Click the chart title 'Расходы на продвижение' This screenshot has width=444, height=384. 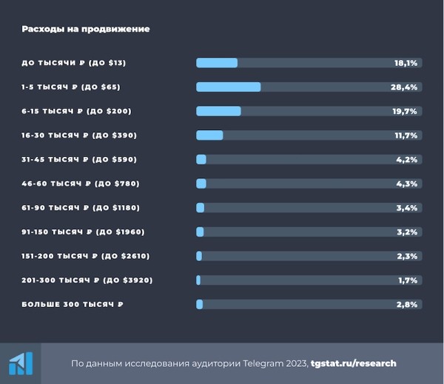(x=85, y=29)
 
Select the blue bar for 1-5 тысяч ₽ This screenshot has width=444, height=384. (x=228, y=87)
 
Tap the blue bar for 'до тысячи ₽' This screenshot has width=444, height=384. (x=217, y=63)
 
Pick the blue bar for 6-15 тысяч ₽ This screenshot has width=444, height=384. (x=218, y=111)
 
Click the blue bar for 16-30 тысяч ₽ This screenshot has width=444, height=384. (x=209, y=135)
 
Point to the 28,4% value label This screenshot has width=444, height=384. (x=406, y=87)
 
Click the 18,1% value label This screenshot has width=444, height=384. (x=406, y=63)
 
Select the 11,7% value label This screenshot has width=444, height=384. (x=406, y=135)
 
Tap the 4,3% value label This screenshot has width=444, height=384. (x=408, y=183)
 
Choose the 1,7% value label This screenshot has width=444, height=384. (x=408, y=280)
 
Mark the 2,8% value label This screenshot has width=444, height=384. (x=408, y=304)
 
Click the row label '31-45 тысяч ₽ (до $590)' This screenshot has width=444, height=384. (x=79, y=159)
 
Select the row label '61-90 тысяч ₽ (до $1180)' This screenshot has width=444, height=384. (x=81, y=208)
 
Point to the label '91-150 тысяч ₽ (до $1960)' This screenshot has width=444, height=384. (x=83, y=232)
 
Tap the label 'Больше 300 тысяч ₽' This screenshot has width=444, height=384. (x=73, y=304)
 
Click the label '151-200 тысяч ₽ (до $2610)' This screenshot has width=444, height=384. (x=86, y=256)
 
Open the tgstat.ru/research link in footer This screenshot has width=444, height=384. (x=354, y=363)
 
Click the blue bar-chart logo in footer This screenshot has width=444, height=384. (x=21, y=363)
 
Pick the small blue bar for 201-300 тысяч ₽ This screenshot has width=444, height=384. (x=198, y=280)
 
